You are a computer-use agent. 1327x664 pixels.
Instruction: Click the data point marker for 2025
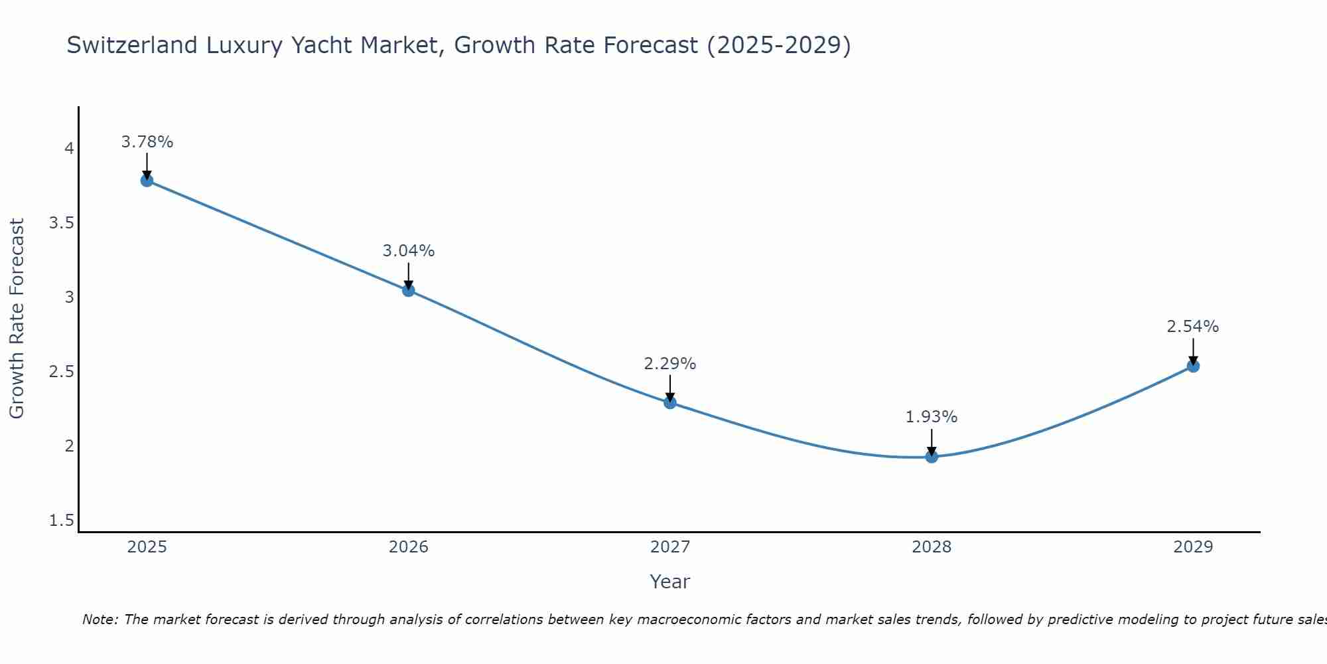pyautogui.click(x=147, y=181)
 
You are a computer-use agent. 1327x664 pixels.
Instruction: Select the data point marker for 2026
pyautogui.click(x=408, y=290)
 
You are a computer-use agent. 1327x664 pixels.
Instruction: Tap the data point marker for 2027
pyautogui.click(x=670, y=402)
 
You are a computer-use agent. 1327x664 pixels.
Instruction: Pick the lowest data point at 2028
pyautogui.click(x=932, y=457)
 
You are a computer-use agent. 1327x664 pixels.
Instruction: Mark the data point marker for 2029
pyautogui.click(x=1193, y=366)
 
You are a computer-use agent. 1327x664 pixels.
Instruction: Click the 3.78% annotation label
pyautogui.click(x=147, y=142)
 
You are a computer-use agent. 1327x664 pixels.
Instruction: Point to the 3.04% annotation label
pyautogui.click(x=409, y=251)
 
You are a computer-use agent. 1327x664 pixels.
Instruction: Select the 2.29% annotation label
pyautogui.click(x=670, y=364)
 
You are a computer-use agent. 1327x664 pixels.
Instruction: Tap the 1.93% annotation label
pyautogui.click(x=932, y=417)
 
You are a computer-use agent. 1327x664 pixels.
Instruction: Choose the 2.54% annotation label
pyautogui.click(x=1193, y=327)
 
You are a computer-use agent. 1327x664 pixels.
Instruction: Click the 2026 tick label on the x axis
pyautogui.click(x=409, y=547)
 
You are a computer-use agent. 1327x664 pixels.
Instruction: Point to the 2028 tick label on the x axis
pyautogui.click(x=932, y=547)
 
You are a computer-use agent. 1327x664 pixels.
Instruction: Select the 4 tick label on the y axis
pyautogui.click(x=69, y=149)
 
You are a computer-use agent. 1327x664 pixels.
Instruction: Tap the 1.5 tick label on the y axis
pyautogui.click(x=62, y=521)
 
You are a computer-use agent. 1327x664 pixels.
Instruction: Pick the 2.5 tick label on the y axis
pyautogui.click(x=62, y=372)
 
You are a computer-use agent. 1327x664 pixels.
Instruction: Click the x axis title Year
pyautogui.click(x=670, y=582)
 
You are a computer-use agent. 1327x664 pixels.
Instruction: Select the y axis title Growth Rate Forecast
pyautogui.click(x=17, y=319)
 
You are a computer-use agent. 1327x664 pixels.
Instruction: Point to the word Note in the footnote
pyautogui.click(x=100, y=620)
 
